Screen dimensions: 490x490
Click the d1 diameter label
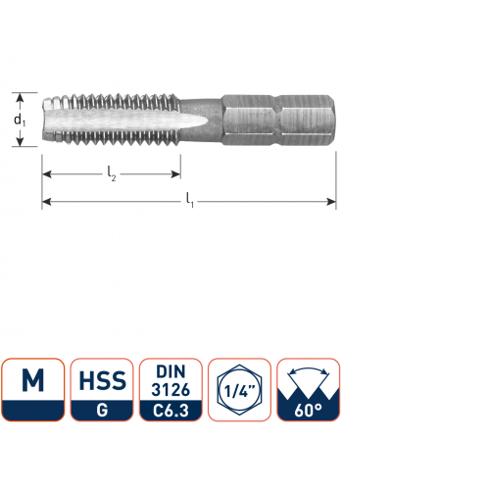(20, 120)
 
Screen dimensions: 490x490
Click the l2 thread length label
(112, 173)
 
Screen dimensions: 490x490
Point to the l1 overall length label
(190, 200)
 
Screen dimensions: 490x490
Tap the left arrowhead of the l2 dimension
(47, 174)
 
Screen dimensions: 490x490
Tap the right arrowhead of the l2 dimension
(175, 174)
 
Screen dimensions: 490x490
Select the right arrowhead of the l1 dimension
(331, 202)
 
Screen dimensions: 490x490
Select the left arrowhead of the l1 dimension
(47, 202)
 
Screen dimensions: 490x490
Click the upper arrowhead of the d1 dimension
(20, 97)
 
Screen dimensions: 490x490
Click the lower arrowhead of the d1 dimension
(20, 142)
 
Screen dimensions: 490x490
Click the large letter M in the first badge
(32, 380)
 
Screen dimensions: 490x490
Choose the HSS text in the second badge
(102, 380)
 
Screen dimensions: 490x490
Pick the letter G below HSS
(102, 410)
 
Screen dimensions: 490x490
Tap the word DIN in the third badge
(171, 371)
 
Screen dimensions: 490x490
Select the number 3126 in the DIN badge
(171, 390)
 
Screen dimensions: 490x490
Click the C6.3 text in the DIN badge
(171, 411)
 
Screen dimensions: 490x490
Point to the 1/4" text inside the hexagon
(239, 391)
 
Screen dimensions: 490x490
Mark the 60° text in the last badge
(308, 411)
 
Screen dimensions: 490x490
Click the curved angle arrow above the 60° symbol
(309, 368)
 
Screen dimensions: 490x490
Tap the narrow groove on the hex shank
(276, 120)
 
